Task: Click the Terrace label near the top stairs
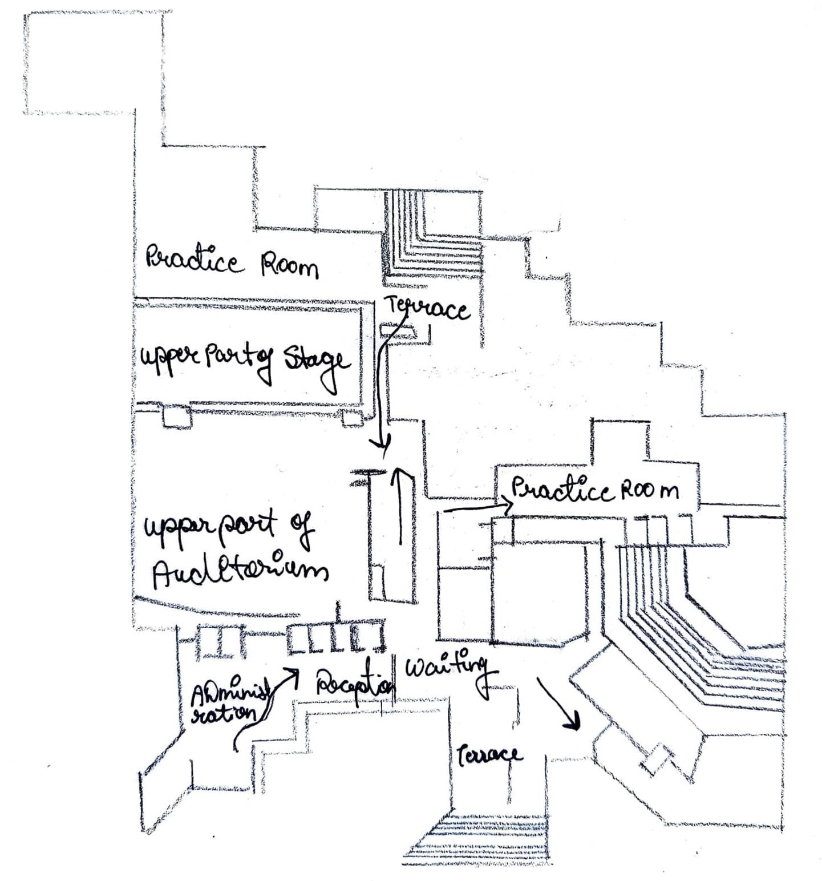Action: tap(428, 309)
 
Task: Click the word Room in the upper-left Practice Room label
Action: tap(289, 266)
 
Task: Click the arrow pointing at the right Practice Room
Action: tap(477, 506)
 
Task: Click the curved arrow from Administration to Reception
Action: tap(265, 708)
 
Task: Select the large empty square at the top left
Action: tap(94, 63)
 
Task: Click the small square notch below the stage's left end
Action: tap(177, 417)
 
